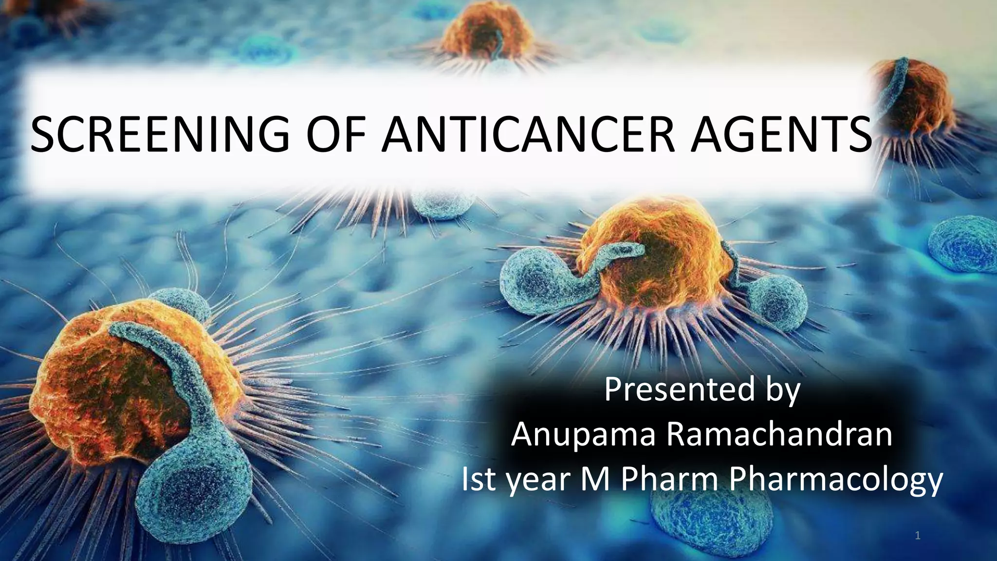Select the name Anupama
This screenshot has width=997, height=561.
584,436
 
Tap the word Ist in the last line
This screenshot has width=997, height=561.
479,482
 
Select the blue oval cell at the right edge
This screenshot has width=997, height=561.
961,246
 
